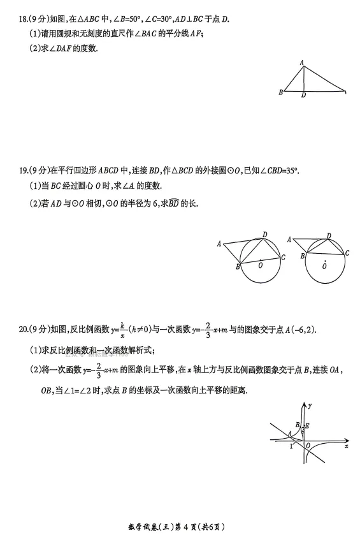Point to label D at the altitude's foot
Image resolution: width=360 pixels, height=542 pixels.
point(303,96)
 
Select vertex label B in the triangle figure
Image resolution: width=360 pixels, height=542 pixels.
point(280,92)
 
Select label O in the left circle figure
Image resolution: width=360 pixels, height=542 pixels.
point(260,265)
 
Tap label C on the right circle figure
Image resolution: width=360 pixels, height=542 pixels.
point(347,253)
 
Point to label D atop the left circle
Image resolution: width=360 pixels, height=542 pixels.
point(264,233)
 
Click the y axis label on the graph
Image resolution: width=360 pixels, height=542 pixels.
point(310,405)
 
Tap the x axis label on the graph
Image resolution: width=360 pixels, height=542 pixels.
point(346,447)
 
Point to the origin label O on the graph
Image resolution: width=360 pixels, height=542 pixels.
point(308,445)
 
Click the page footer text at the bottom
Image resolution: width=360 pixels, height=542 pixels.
point(179,527)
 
